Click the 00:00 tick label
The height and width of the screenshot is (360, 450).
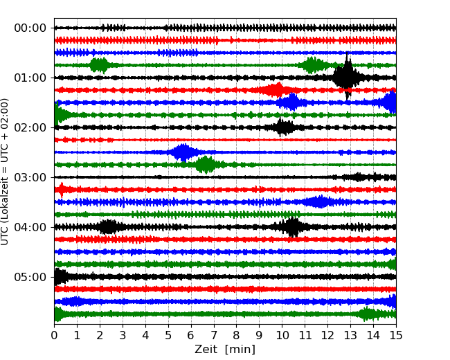click(30, 28)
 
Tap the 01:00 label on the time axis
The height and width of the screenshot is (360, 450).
click(30, 78)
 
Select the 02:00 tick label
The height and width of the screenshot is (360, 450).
click(30, 127)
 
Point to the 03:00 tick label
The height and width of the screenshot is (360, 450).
click(30, 177)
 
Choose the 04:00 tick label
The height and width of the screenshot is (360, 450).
click(30, 227)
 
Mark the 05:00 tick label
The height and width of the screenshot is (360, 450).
click(30, 277)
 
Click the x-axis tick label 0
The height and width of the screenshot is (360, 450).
click(54, 336)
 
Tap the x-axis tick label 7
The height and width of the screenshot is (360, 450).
click(214, 336)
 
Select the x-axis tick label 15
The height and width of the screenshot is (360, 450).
click(396, 336)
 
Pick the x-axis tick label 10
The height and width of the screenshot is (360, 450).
click(282, 336)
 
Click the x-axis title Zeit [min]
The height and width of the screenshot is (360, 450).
click(225, 350)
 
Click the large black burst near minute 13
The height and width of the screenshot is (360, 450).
click(346, 77)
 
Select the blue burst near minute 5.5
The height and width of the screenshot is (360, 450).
click(183, 152)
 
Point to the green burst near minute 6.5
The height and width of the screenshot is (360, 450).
click(206, 165)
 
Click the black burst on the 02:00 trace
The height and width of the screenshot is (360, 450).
click(282, 127)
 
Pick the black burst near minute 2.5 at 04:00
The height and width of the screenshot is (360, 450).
click(108, 227)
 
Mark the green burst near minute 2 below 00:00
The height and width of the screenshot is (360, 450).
click(100, 65)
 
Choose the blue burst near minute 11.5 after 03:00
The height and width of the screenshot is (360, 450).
click(320, 202)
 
